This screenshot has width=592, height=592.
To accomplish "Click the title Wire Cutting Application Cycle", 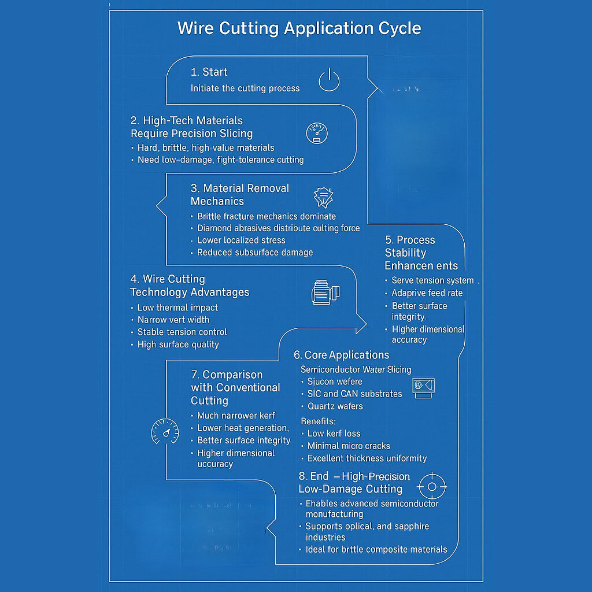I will pyautogui.click(x=299, y=28).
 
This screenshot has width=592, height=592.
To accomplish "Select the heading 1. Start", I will pyautogui.click(x=209, y=72).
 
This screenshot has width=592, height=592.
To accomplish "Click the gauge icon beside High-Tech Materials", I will pyautogui.click(x=316, y=133).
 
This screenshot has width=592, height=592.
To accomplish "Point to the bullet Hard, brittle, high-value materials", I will pyautogui.click(x=205, y=147).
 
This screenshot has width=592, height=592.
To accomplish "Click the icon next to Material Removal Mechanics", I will pyautogui.click(x=323, y=198).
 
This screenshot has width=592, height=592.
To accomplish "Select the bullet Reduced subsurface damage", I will pyautogui.click(x=254, y=252).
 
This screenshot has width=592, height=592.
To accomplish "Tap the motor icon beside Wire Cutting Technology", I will pyautogui.click(x=325, y=292).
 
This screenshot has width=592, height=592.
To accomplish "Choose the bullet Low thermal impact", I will pyautogui.click(x=177, y=308).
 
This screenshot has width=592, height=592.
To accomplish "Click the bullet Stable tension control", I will pyautogui.click(x=182, y=332).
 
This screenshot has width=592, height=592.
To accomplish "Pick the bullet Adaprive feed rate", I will pyautogui.click(x=427, y=293).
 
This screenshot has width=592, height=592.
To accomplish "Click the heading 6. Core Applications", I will pyautogui.click(x=341, y=355).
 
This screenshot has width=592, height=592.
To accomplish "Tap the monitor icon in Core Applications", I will pyautogui.click(x=424, y=387).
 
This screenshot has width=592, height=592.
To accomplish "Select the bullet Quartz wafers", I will pyautogui.click(x=335, y=406).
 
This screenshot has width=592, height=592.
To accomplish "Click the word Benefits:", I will pyautogui.click(x=319, y=421).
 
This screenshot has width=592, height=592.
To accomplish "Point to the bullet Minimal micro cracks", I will pyautogui.click(x=348, y=446).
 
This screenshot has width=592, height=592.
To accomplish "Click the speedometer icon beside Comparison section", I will pyautogui.click(x=165, y=431).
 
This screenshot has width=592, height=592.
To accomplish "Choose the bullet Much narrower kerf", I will pyautogui.click(x=236, y=415).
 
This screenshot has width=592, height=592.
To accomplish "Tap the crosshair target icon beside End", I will pyautogui.click(x=431, y=487).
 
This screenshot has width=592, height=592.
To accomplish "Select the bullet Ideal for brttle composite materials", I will pyautogui.click(x=376, y=549).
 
